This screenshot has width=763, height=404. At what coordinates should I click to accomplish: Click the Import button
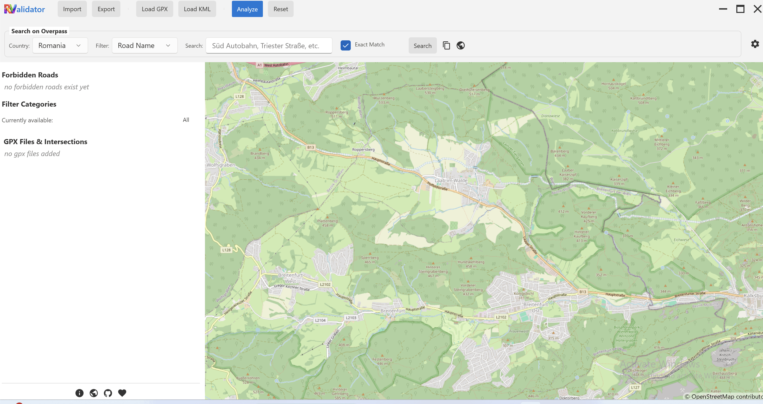[x=72, y=9]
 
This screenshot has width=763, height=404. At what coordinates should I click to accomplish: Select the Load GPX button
[x=154, y=9]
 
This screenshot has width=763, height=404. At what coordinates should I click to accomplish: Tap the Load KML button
[x=197, y=9]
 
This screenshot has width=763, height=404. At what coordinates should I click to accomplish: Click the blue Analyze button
[x=247, y=9]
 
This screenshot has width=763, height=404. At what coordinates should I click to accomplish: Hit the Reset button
[x=280, y=9]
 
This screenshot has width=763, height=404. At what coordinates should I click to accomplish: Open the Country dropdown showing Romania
[x=60, y=46]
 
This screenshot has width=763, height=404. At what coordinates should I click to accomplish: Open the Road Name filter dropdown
[x=144, y=46]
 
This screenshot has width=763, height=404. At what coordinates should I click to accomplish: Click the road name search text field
[x=269, y=46]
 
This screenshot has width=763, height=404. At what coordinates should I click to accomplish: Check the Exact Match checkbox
[x=345, y=45]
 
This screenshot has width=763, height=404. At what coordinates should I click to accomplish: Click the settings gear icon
[x=755, y=44]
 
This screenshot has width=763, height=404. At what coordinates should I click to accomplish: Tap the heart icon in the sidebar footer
[x=122, y=393]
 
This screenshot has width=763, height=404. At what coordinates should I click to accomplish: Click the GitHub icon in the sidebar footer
[x=108, y=393]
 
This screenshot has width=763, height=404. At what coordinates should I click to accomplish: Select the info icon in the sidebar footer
[x=80, y=393]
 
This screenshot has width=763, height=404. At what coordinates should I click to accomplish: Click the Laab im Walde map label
[x=451, y=180]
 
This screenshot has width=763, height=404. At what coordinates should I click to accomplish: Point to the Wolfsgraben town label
[x=221, y=165]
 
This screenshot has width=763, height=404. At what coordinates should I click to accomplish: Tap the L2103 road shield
[x=351, y=317]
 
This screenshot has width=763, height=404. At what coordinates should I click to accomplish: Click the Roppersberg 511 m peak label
[x=337, y=114]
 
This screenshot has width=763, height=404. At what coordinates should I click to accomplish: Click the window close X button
[x=757, y=9]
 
